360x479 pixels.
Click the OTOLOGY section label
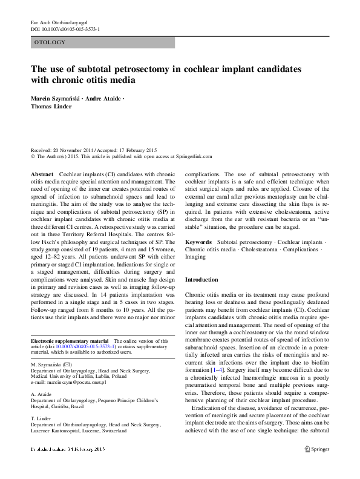tap(49, 42)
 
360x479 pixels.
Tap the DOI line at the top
tap(65, 29)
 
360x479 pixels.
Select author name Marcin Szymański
tap(59, 98)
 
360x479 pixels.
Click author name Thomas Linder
tap(51, 107)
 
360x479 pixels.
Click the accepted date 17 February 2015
tap(133, 150)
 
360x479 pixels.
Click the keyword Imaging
tap(195, 257)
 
